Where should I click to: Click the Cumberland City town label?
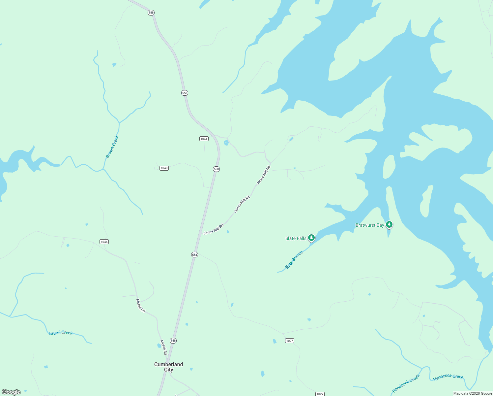pyautogui.click(x=168, y=367)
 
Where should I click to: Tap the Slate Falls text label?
pyautogui.click(x=296, y=238)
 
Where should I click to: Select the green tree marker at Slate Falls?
pyautogui.click(x=311, y=238)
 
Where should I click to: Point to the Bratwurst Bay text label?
pyautogui.click(x=369, y=225)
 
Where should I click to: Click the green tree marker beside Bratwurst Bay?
pyautogui.click(x=389, y=224)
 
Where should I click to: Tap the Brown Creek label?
pyautogui.click(x=112, y=147)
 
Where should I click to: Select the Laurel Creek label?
pyautogui.click(x=61, y=333)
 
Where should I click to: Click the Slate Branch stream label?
pyautogui.click(x=294, y=260)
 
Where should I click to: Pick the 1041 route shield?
pyautogui.click(x=204, y=139)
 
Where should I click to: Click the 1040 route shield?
pyautogui.click(x=164, y=168)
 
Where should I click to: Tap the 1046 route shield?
pyautogui.click(x=104, y=242)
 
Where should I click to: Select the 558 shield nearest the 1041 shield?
pyautogui.click(x=216, y=169)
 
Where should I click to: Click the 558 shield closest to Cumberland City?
pyautogui.click(x=173, y=341)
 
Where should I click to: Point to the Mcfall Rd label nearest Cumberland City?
pyautogui.click(x=163, y=347)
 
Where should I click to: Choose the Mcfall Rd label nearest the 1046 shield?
pyautogui.click(x=141, y=306)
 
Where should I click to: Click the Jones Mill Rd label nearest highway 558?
pyautogui.click(x=214, y=229)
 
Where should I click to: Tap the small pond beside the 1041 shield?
pyautogui.click(x=226, y=143)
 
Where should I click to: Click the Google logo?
pyautogui.click(x=11, y=392)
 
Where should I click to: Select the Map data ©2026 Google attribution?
pyautogui.click(x=473, y=393)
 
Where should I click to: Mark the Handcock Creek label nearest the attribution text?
pyautogui.click(x=448, y=377)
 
